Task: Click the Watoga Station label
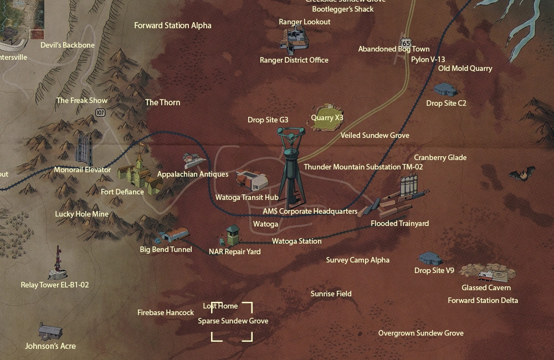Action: pyautogui.click(x=296, y=241)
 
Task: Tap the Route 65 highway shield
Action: pyautogui.click(x=407, y=43)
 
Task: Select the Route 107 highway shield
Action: pyautogui.click(x=100, y=112)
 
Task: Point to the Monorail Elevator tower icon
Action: pyautogui.click(x=84, y=148)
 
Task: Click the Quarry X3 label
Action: pyautogui.click(x=327, y=118)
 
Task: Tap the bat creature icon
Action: pyautogui.click(x=522, y=175)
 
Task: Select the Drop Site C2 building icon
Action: pyautogui.click(x=446, y=89)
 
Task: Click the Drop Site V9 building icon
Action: pyautogui.click(x=430, y=258)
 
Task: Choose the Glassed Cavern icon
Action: pyautogui.click(x=488, y=272)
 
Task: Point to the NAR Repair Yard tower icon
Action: pyautogui.click(x=232, y=235)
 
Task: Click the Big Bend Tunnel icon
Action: pyautogui.click(x=172, y=235)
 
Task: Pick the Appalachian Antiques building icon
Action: pyautogui.click(x=194, y=161)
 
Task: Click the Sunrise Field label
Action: pyautogui.click(x=331, y=294)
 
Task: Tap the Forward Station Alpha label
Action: pyautogui.click(x=173, y=25)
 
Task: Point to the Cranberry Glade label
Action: pyautogui.click(x=440, y=157)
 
